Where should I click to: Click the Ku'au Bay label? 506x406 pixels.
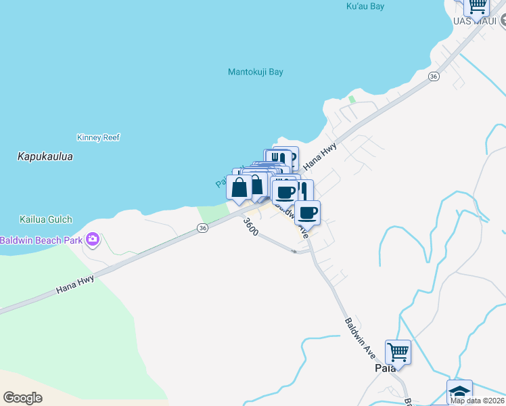(x=365, y=6)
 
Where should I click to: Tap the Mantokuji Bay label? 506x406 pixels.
(x=255, y=72)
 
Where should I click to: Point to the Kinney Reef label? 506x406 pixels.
(x=98, y=137)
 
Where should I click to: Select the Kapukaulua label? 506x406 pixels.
(x=45, y=156)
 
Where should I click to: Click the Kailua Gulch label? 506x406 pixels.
(x=45, y=220)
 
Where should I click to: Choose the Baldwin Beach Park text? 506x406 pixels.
(x=41, y=240)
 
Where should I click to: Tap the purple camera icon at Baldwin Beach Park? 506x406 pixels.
(x=93, y=239)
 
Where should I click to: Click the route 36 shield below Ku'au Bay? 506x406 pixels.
(x=434, y=77)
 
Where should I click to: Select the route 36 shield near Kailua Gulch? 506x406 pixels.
(x=202, y=229)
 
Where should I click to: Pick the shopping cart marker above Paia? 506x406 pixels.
(x=398, y=352)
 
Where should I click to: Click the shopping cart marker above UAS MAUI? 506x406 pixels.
(x=477, y=5)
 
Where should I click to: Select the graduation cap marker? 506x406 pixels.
(x=459, y=392)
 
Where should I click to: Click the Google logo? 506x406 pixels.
(x=22, y=398)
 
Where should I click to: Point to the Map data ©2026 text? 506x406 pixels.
(x=476, y=401)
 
